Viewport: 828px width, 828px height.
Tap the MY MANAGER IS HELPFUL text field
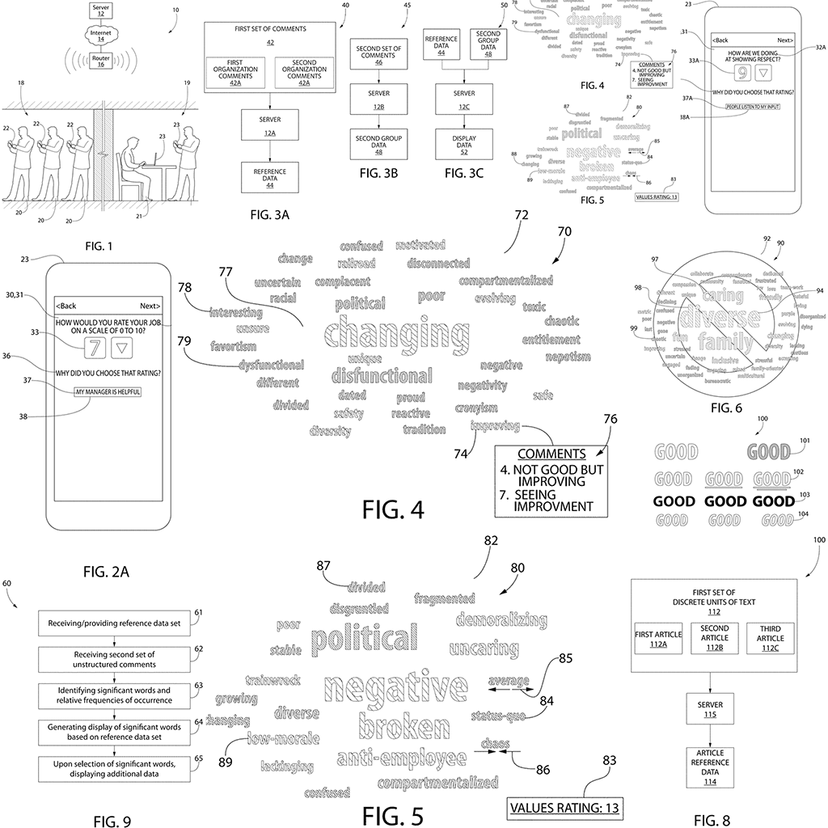click(107, 391)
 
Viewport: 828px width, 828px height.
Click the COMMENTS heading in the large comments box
click(551, 454)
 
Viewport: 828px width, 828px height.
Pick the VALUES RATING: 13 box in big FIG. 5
click(566, 806)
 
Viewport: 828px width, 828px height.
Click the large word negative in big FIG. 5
click(395, 688)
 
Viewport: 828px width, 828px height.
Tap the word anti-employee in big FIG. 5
click(402, 758)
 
